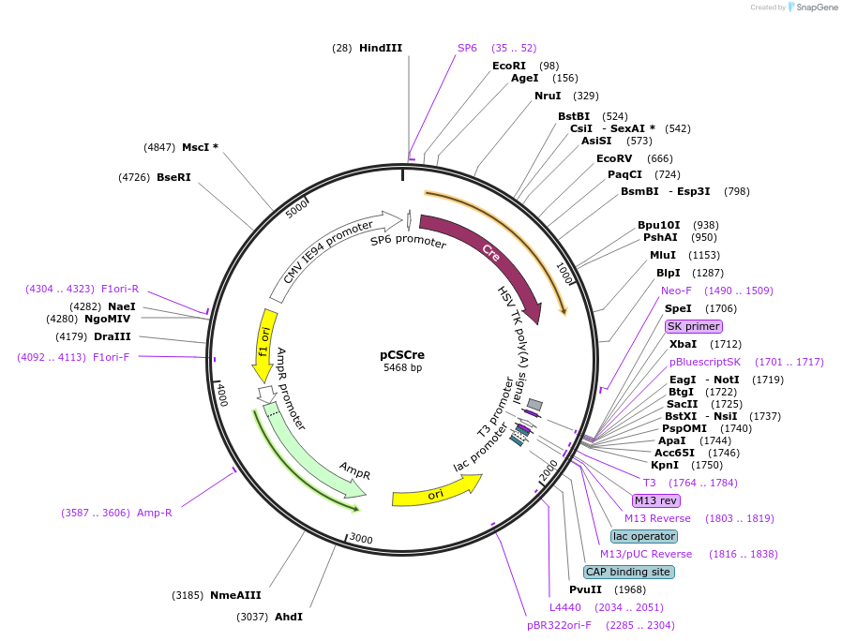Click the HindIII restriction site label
(x=380, y=48)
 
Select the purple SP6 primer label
(x=467, y=48)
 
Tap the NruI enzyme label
(x=548, y=96)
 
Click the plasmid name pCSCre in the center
(x=402, y=354)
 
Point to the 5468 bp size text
(x=402, y=367)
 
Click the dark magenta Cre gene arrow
(x=488, y=254)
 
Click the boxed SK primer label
(x=694, y=326)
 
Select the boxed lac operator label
(x=643, y=536)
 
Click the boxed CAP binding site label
(x=628, y=572)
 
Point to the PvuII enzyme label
(x=586, y=589)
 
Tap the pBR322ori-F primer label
(x=560, y=625)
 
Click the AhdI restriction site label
(x=289, y=617)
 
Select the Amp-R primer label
(x=154, y=513)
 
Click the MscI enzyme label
(x=200, y=147)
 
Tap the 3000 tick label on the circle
(x=361, y=539)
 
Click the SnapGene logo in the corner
(x=812, y=7)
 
